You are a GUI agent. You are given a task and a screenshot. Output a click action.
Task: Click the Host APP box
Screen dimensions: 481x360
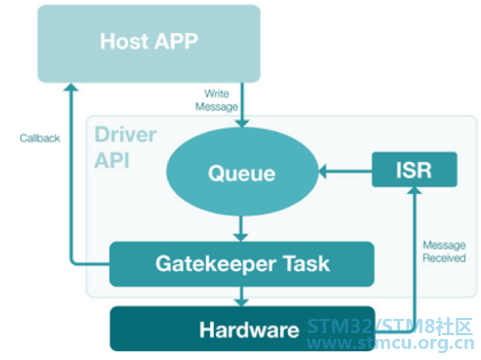click(149, 43)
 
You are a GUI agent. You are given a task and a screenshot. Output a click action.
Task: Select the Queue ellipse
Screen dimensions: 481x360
click(242, 172)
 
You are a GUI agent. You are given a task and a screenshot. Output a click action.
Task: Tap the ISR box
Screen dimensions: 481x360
click(414, 169)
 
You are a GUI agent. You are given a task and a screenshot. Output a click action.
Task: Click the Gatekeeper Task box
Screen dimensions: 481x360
click(242, 264)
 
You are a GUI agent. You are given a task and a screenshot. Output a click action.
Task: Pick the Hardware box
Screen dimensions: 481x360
click(242, 328)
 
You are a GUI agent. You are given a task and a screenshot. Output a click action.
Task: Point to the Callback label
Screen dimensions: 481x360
click(40, 138)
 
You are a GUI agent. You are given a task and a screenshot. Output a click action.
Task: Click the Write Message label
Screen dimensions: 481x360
click(217, 100)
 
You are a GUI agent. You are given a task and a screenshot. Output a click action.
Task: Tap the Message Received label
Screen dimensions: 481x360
click(444, 251)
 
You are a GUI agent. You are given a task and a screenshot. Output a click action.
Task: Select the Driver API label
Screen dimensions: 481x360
click(125, 147)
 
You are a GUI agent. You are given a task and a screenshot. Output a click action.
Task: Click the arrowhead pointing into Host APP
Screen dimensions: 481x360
click(71, 88)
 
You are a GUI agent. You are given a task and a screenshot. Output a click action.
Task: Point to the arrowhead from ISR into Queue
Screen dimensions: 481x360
click(322, 172)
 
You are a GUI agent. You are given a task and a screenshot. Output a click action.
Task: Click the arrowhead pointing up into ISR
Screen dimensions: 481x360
click(414, 190)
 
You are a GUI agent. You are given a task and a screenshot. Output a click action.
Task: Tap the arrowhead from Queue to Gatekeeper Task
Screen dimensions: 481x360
click(241, 238)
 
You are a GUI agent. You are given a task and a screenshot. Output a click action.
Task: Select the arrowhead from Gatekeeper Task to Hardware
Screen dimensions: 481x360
click(242, 302)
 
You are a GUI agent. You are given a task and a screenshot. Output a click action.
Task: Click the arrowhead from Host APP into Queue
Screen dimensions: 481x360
click(242, 123)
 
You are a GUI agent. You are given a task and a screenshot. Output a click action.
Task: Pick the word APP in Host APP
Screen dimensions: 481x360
click(176, 41)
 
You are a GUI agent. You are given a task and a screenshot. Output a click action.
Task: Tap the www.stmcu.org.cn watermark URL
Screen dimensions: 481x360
click(390, 343)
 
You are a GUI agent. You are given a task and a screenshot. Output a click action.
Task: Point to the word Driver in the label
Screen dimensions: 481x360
click(125, 134)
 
